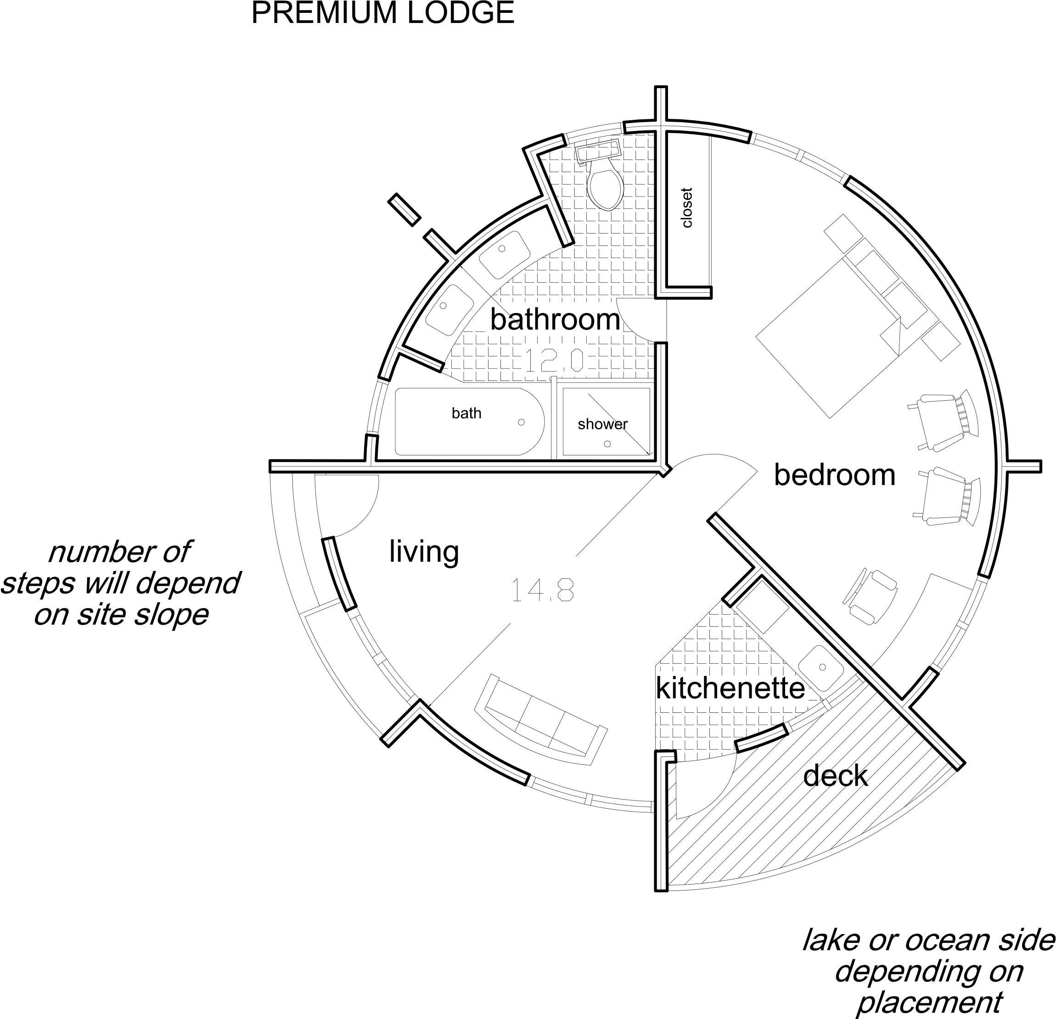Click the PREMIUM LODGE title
(382, 13)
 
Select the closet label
(686, 208)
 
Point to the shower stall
(607, 421)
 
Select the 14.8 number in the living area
(543, 590)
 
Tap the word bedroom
(835, 475)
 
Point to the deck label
(836, 776)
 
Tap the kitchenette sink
(821, 668)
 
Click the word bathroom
(555, 320)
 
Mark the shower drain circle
(607, 444)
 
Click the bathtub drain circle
(521, 422)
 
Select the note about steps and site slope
(121, 583)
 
